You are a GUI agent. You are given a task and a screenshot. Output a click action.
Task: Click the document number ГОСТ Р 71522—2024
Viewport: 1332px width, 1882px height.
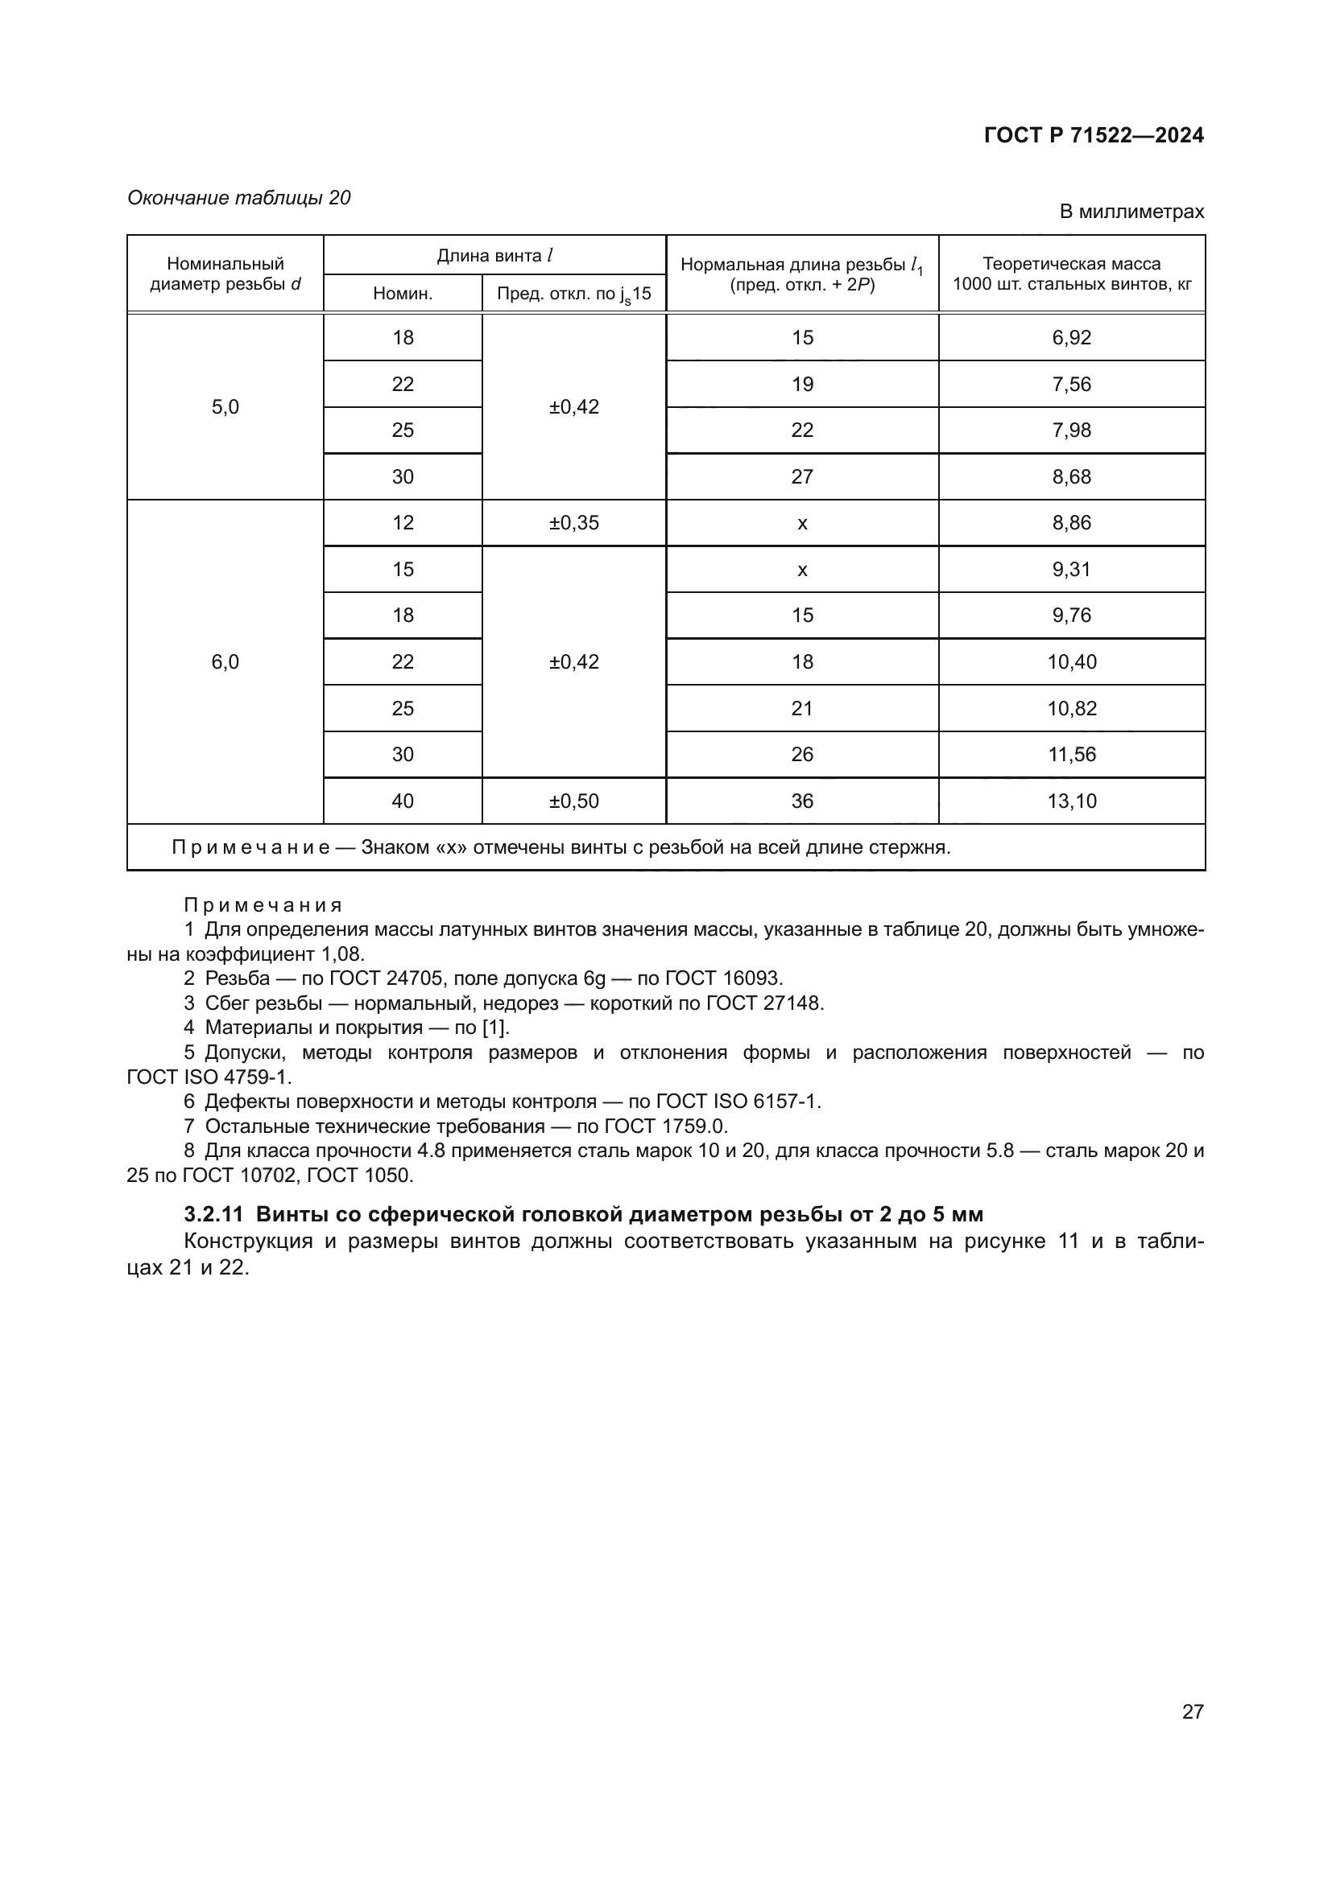coord(1094,136)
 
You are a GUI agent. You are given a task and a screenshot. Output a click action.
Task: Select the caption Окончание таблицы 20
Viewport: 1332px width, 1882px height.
coord(238,199)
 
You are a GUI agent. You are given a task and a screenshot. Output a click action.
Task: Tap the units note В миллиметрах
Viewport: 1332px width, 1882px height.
coord(1131,212)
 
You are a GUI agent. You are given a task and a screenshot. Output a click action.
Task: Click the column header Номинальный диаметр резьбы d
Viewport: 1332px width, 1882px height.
coord(225,274)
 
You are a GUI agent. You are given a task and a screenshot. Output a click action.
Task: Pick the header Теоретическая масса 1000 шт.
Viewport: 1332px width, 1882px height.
coord(1071,274)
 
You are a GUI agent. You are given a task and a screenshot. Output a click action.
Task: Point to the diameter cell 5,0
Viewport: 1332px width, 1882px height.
coord(225,407)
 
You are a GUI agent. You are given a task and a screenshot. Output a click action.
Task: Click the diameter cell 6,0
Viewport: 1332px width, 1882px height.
coord(225,662)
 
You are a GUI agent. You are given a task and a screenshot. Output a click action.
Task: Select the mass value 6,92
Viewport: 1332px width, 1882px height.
coord(1071,338)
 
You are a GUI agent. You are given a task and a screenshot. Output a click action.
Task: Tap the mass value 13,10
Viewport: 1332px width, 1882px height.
coord(1071,801)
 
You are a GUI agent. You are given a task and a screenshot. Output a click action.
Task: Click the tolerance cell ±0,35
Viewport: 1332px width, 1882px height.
coord(573,523)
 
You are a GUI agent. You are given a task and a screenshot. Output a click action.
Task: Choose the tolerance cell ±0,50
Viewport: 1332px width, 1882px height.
coord(573,801)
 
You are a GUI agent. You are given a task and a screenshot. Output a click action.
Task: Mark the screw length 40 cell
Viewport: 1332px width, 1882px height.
coord(403,801)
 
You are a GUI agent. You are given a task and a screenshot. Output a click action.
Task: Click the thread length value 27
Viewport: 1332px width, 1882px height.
coord(802,477)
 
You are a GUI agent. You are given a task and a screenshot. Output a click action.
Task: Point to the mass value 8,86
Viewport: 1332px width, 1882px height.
coord(1071,523)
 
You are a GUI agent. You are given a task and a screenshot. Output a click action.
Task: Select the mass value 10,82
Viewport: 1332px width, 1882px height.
coord(1071,709)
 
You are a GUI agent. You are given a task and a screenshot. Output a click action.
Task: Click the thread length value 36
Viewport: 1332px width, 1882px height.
coord(802,801)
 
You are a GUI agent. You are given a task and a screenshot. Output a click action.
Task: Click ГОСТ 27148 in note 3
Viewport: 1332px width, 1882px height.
coord(773,1003)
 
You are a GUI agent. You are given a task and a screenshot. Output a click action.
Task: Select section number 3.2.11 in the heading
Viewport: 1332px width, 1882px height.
coord(213,1214)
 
